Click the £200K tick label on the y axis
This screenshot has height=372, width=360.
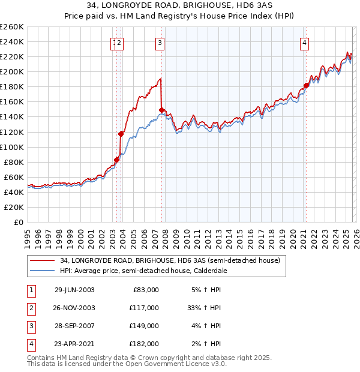(x=12, y=71)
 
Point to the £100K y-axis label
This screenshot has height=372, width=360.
(x=12, y=147)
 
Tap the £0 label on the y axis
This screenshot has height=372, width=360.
(x=19, y=222)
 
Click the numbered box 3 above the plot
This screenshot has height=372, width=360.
(x=160, y=43)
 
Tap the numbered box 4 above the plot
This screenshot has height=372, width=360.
(x=305, y=43)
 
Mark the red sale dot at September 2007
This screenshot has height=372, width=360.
(x=162, y=110)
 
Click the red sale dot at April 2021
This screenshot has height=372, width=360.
(x=306, y=85)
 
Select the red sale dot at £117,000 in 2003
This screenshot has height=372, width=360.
(x=121, y=134)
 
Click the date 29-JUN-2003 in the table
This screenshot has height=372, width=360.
(x=74, y=290)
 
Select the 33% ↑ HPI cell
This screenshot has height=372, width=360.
(x=204, y=308)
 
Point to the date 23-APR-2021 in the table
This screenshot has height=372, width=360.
(x=74, y=346)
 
